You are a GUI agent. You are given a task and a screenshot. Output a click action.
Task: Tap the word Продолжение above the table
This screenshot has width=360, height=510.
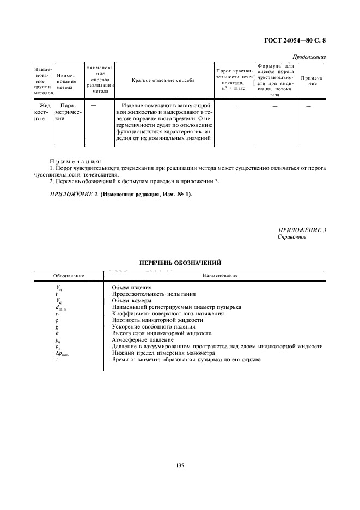pos(309,57)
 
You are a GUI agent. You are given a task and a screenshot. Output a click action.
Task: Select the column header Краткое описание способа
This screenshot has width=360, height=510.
pos(163,80)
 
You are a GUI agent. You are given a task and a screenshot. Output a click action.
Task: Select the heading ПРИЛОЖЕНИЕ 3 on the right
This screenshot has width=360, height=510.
pos(302,230)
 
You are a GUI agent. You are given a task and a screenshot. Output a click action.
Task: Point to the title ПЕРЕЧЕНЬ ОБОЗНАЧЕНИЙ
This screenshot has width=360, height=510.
pos(180,263)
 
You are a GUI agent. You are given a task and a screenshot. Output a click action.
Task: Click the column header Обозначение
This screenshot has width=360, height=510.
pos(68,276)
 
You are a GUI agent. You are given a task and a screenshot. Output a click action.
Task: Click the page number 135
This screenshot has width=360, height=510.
pos(180,465)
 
